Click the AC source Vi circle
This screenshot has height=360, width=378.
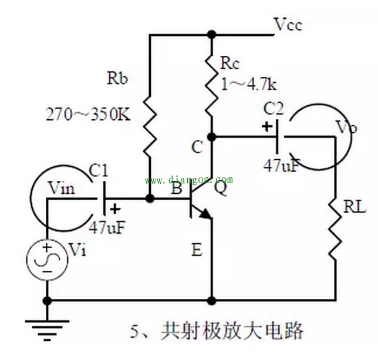pos(45,258)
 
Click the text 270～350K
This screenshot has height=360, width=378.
pos(89,115)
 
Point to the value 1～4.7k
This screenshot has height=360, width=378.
pos(248,84)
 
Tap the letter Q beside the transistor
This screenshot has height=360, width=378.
pos(222,189)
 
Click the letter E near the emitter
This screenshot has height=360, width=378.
pos(196,251)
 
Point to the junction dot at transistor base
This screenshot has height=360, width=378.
pos(150,198)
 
